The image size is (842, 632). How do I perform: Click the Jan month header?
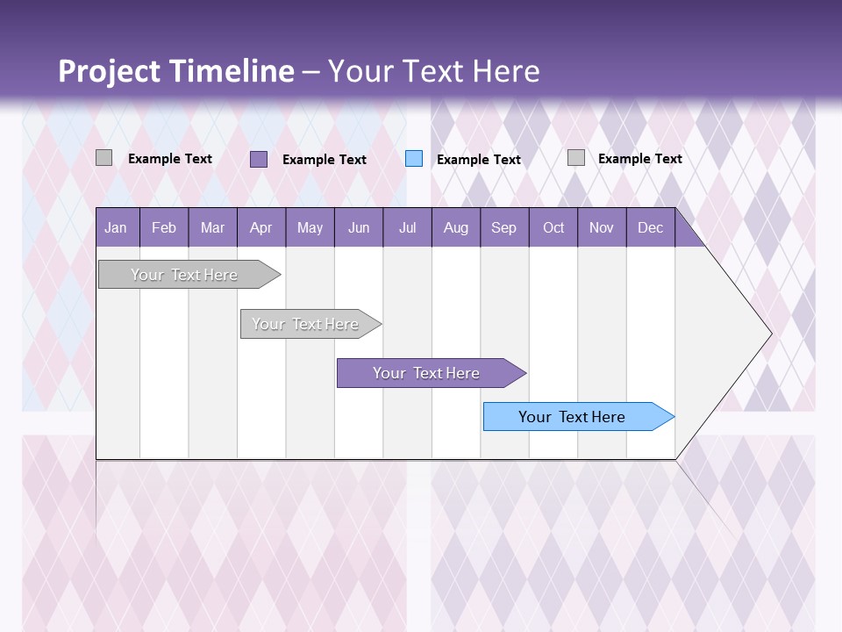click(x=116, y=228)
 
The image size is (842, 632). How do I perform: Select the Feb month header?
click(x=164, y=228)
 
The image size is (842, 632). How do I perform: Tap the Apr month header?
click(x=260, y=228)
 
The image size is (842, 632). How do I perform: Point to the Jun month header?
click(x=359, y=228)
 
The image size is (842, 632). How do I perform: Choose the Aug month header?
click(x=455, y=228)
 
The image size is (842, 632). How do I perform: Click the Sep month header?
click(x=503, y=228)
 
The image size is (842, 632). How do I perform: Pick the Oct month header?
click(x=553, y=228)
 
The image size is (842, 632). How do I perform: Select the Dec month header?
click(x=650, y=228)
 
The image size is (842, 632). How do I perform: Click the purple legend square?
click(x=259, y=159)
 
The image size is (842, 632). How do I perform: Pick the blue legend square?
click(x=414, y=159)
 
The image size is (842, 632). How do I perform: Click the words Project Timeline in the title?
click(x=175, y=71)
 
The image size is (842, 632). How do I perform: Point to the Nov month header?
click(x=602, y=228)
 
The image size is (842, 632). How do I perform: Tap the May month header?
click(x=310, y=228)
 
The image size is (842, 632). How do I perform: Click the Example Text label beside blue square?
click(x=478, y=160)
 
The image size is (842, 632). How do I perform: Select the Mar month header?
click(x=212, y=228)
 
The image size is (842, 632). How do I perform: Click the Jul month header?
click(x=407, y=228)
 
